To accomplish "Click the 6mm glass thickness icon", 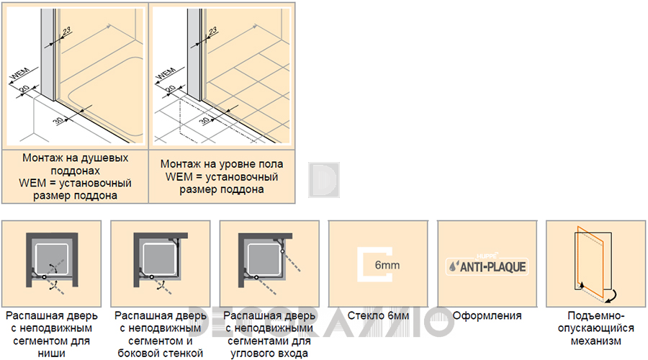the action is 375,264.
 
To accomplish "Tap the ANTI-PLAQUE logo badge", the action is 487,266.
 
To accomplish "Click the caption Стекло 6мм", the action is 378,316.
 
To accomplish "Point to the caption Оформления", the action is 487,316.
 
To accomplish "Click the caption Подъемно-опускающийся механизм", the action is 595,328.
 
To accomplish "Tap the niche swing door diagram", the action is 52,264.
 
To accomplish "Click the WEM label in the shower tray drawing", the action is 19,73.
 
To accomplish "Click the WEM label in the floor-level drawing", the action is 166,73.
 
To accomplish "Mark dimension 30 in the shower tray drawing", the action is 58,120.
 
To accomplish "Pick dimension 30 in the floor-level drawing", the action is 204,120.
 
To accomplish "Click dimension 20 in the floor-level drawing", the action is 170,89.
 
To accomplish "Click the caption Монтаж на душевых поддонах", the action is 75,164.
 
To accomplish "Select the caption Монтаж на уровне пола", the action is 222,164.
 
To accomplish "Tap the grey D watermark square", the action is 323,180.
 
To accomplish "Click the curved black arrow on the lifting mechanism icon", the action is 612,296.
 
